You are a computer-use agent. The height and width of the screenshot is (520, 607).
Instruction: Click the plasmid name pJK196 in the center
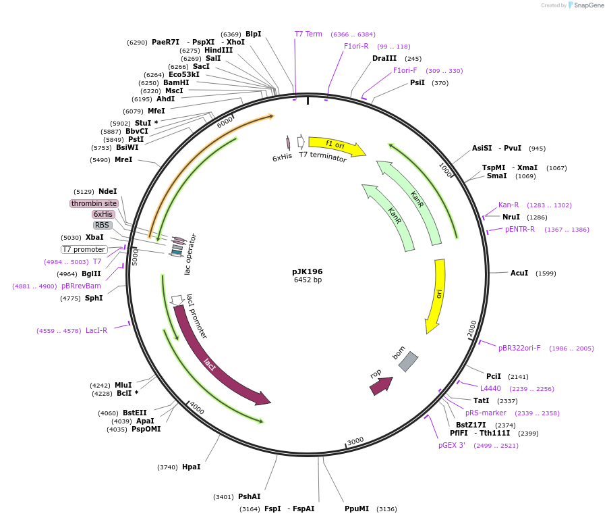[x=308, y=271]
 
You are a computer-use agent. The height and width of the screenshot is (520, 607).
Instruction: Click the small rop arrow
[x=380, y=386]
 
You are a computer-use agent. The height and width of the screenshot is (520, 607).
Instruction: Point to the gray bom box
[x=407, y=362]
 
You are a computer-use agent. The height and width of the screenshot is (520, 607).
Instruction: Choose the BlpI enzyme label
[x=253, y=34]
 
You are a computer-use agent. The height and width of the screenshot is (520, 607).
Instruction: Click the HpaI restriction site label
[x=191, y=467]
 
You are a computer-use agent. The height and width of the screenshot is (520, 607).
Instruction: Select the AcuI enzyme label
[x=519, y=273]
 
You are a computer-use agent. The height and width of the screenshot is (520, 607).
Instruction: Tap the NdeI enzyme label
[x=107, y=191]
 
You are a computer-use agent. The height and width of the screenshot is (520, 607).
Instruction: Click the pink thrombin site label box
[x=94, y=203]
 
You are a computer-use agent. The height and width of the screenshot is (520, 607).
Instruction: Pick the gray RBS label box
[x=102, y=225]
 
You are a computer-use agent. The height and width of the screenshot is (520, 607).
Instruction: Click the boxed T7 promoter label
[x=84, y=249]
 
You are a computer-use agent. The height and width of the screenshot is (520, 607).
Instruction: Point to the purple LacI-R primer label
[x=96, y=330]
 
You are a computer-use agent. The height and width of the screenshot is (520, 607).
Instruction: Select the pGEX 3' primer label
[x=452, y=445]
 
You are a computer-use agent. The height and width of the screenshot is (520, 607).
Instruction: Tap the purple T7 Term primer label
[x=308, y=34]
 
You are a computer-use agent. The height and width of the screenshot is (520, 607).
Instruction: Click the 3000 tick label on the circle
[x=355, y=440]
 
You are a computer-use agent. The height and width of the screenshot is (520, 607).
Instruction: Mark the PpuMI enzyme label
[x=357, y=509]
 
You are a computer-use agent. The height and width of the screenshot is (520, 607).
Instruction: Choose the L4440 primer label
[x=490, y=388]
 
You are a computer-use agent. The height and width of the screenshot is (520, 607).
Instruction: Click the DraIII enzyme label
[x=384, y=58]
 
